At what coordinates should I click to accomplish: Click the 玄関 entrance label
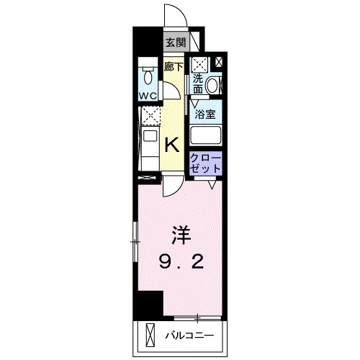click(175, 42)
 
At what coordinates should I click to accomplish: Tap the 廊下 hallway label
click(173, 67)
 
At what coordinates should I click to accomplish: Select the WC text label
click(148, 96)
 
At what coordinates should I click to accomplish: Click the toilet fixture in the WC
click(148, 76)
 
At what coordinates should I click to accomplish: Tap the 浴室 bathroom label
click(206, 112)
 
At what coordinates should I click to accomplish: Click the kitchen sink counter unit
click(150, 144)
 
